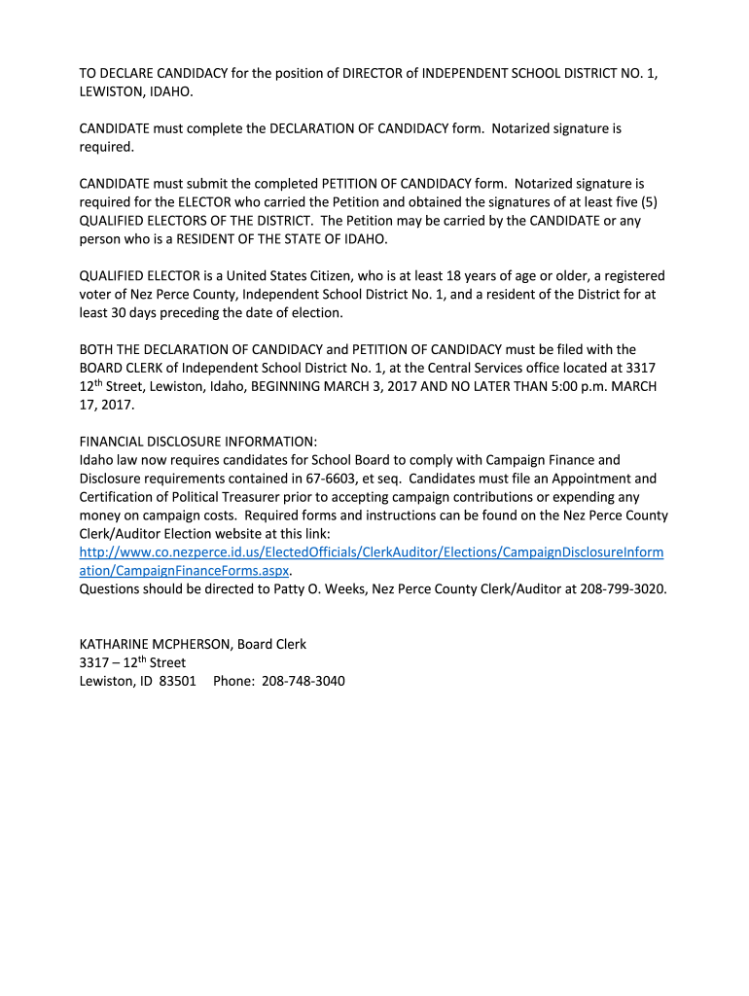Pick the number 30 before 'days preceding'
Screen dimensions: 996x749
coord(112,312)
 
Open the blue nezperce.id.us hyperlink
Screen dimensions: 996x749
coord(371,552)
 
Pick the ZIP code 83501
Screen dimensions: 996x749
coord(177,681)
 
